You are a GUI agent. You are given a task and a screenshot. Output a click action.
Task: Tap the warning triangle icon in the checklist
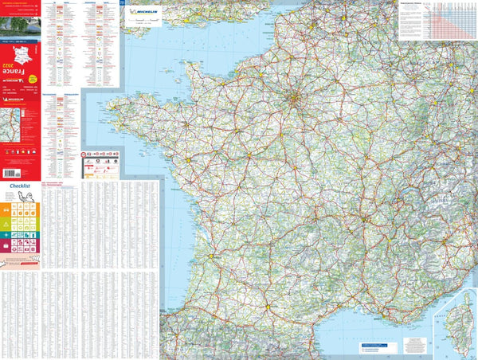(6, 225)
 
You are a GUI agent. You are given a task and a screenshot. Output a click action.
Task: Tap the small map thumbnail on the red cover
(14, 124)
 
